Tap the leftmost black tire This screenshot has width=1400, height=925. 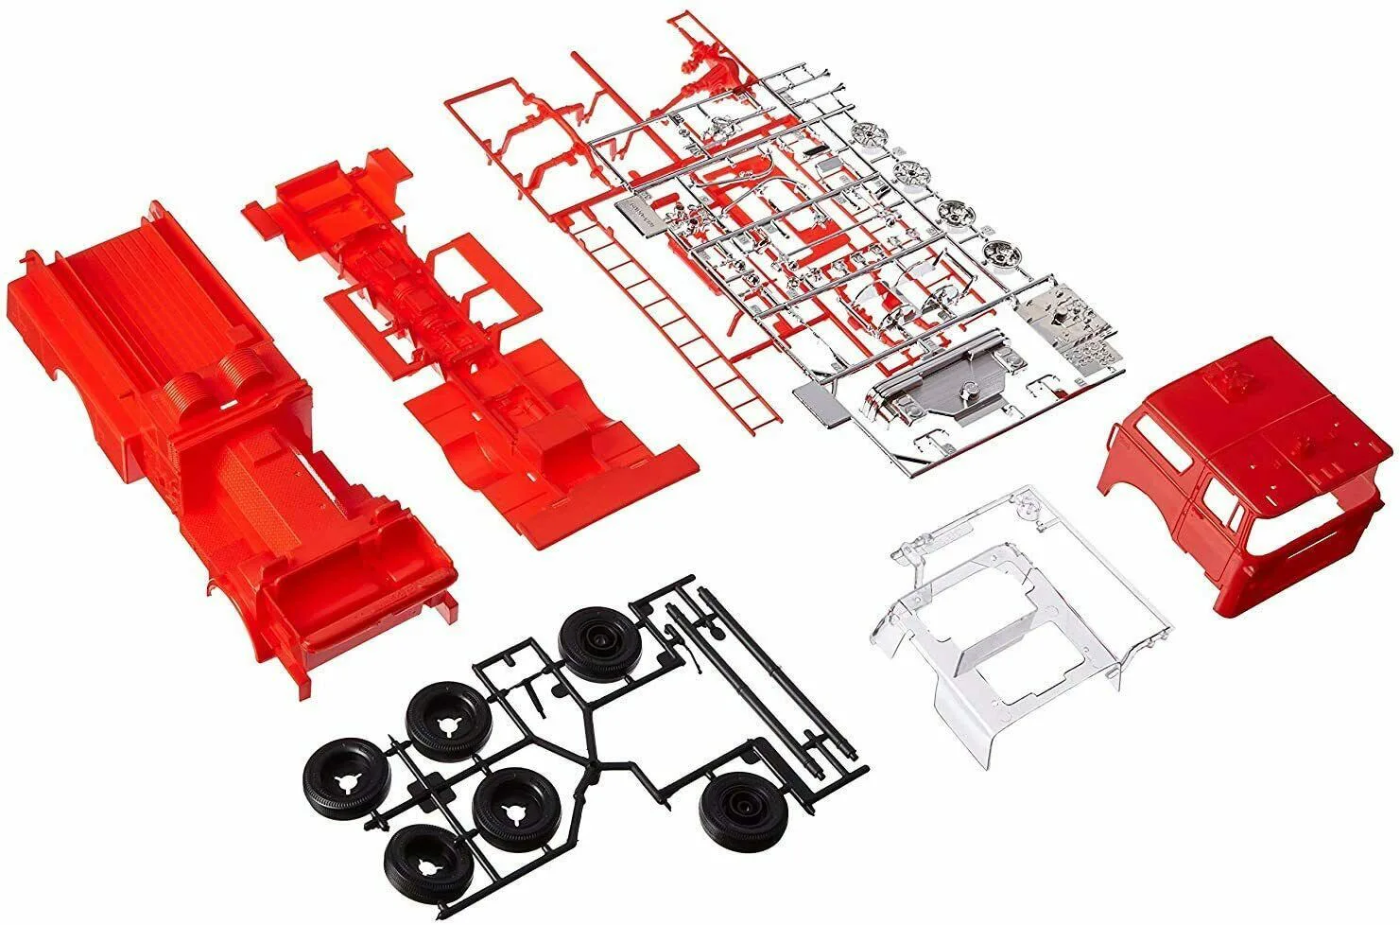tap(347, 774)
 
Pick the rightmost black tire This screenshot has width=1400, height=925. tap(735, 807)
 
